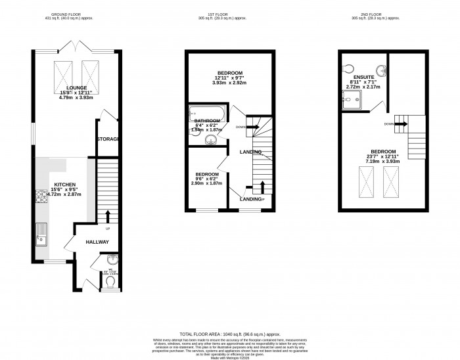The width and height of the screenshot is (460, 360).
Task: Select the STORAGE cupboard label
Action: click(x=108, y=139)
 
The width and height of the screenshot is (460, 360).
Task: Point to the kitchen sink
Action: click(x=41, y=232)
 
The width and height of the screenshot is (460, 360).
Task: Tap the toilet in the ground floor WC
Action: click(x=110, y=281)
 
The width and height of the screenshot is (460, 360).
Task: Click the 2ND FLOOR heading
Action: click(x=382, y=13)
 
